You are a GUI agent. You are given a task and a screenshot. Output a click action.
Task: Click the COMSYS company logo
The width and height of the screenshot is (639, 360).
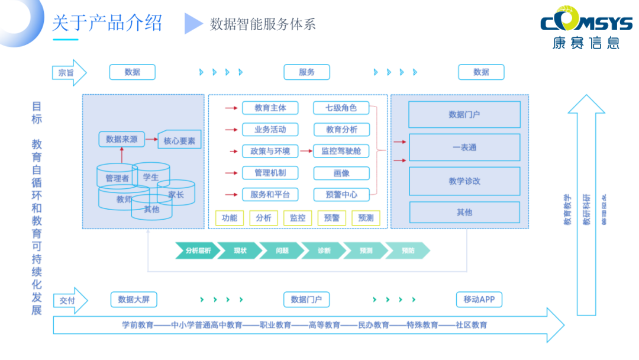[x=586, y=30]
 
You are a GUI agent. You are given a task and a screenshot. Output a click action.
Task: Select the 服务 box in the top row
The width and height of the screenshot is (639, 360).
[x=306, y=72]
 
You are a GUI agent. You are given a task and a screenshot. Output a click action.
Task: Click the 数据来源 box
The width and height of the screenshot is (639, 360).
[x=121, y=140]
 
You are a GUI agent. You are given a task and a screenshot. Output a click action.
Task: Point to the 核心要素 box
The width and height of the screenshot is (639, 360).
[x=179, y=141]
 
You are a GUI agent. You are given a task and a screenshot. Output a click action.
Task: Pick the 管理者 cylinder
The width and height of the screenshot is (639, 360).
[x=117, y=177]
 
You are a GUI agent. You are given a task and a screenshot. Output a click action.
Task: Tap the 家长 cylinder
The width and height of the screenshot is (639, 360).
[x=176, y=194]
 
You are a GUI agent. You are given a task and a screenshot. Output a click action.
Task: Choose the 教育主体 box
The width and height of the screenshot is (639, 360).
[x=270, y=108]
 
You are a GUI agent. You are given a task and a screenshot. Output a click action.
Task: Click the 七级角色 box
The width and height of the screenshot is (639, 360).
[x=341, y=108]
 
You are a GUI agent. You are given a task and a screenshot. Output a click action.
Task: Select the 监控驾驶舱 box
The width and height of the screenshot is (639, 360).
[x=341, y=151]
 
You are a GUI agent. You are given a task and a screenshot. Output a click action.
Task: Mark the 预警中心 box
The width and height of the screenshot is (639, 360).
[x=341, y=194]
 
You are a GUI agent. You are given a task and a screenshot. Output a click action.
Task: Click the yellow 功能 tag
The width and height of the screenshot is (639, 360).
[x=230, y=218]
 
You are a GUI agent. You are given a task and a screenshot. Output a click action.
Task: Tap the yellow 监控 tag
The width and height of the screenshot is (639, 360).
[x=298, y=218]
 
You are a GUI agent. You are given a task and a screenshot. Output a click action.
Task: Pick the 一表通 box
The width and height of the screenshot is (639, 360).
[x=464, y=147]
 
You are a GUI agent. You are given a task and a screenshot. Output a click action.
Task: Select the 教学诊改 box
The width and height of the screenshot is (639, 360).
[x=464, y=181]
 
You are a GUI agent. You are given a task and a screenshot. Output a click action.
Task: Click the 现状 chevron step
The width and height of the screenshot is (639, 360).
[x=240, y=250]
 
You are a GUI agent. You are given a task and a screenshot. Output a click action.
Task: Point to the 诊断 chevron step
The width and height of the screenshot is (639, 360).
[x=324, y=250]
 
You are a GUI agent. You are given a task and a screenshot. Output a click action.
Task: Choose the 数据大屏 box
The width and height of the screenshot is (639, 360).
[x=134, y=300]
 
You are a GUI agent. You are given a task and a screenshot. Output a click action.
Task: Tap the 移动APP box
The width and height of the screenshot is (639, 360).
[x=479, y=300]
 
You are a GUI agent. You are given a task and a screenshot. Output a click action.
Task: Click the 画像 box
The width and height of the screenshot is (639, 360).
[x=341, y=173]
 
